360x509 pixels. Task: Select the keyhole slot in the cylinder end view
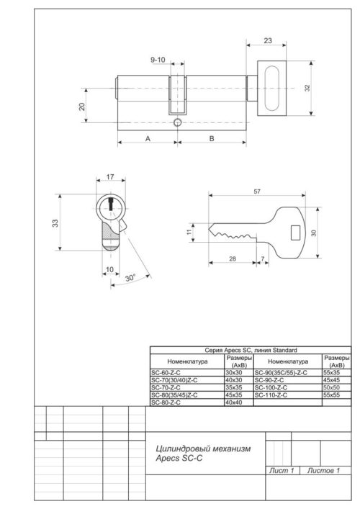[112, 205]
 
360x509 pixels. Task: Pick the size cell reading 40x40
[235, 402]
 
